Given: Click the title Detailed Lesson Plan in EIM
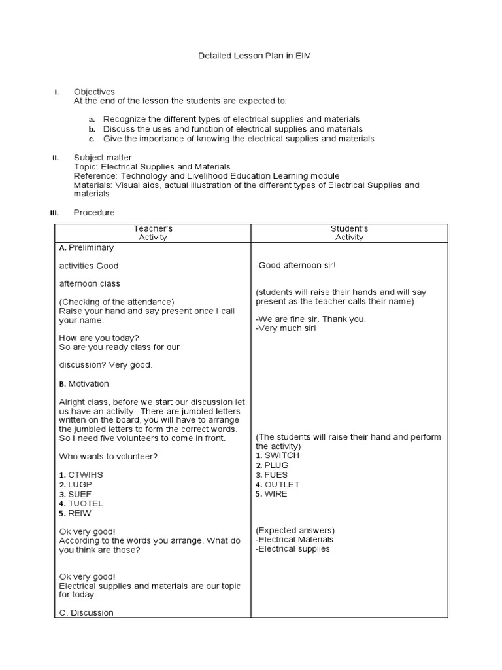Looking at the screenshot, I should pyautogui.click(x=254, y=56).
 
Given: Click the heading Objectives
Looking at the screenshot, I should pyautogui.click(x=94, y=92).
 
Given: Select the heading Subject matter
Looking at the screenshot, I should pyautogui.click(x=103, y=158).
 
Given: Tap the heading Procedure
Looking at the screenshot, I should pyautogui.click(x=94, y=213).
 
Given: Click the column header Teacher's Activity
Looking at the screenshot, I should pyautogui.click(x=153, y=233).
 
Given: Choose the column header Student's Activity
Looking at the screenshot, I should pyautogui.click(x=349, y=233).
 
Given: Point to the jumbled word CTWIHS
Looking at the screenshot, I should pyautogui.click(x=86, y=474).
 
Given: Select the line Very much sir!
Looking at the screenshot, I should pyautogui.click(x=286, y=328).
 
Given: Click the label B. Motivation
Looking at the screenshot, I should pyautogui.click(x=84, y=384).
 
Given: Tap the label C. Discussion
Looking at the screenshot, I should pyautogui.click(x=86, y=613).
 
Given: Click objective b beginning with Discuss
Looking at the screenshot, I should pyautogui.click(x=233, y=130).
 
